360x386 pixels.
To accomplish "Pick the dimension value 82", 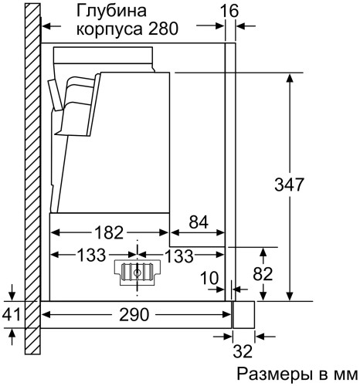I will [285, 273].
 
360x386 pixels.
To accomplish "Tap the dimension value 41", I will [11, 315].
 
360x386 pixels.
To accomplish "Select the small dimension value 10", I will [209, 276].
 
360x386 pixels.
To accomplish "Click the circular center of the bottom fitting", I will [138, 272].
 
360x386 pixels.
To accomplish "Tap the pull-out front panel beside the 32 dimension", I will [244, 315].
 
